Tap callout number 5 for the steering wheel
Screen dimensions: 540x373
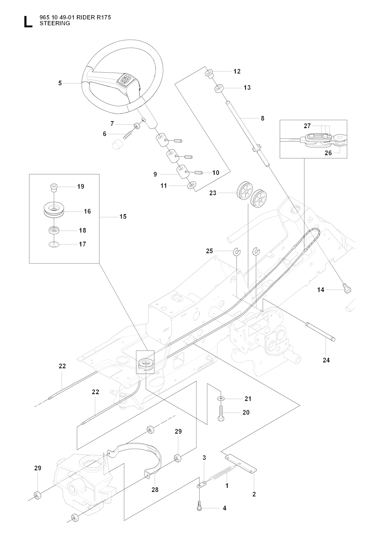(x=60, y=83)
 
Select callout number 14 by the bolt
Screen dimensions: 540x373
(x=321, y=290)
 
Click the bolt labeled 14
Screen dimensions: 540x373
(x=347, y=289)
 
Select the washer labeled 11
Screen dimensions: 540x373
(x=191, y=186)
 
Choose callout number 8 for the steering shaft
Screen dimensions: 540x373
(x=263, y=118)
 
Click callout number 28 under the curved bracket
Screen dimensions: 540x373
(x=155, y=490)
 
